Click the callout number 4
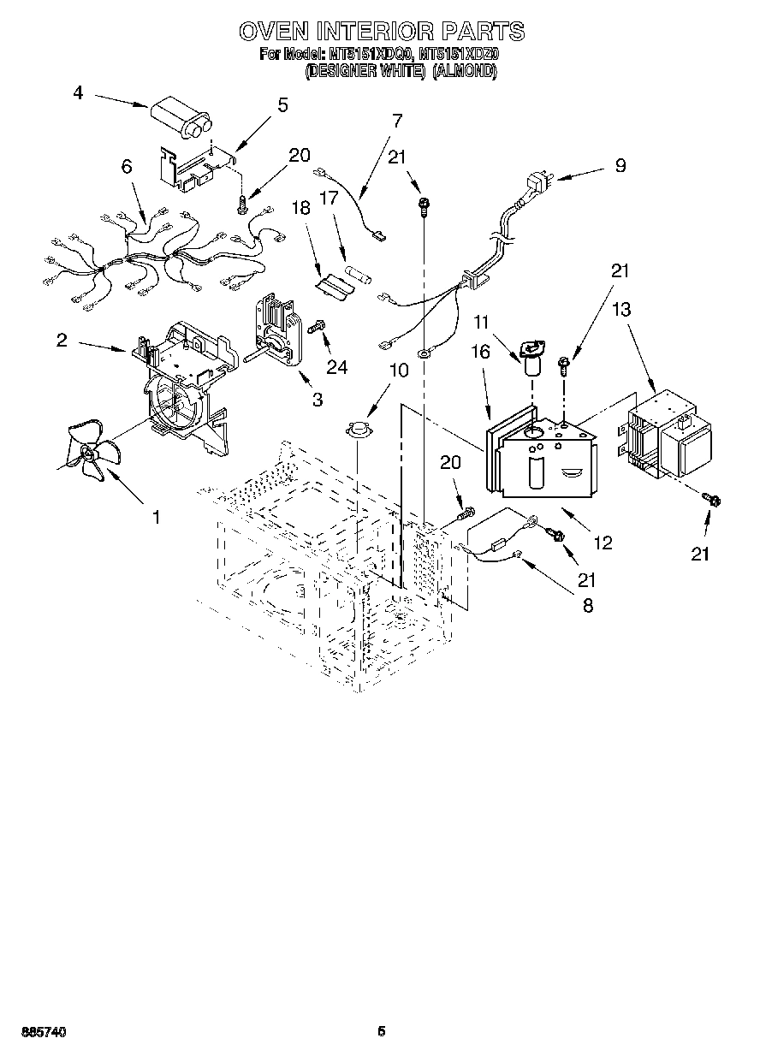pyautogui.click(x=78, y=93)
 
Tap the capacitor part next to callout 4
pyautogui.click(x=185, y=119)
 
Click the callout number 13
pyautogui.click(x=621, y=309)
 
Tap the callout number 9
pyautogui.click(x=620, y=166)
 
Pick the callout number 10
pyautogui.click(x=376, y=371)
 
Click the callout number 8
pyautogui.click(x=587, y=605)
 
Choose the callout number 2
pyautogui.click(x=62, y=340)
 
